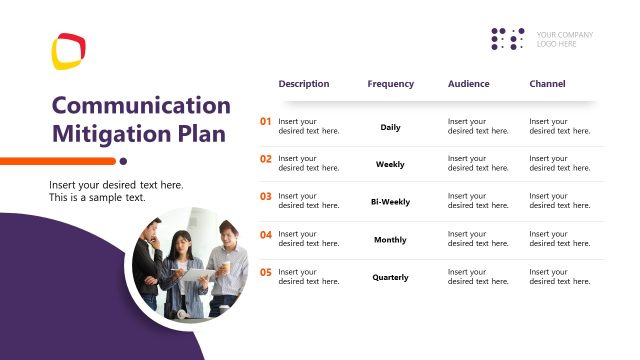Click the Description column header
303,84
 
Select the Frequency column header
390,84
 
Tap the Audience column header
468,84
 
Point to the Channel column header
547,84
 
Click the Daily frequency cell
390,127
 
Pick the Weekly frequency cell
390,164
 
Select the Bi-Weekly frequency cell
390,202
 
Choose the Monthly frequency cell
390,240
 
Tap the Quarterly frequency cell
390,277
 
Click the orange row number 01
266,122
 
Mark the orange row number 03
266,197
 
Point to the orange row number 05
266,272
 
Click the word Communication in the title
141,105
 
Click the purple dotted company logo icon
508,39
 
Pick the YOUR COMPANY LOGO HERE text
564,39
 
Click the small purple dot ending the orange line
123,160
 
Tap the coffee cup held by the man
225,267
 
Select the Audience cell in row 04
468,240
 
